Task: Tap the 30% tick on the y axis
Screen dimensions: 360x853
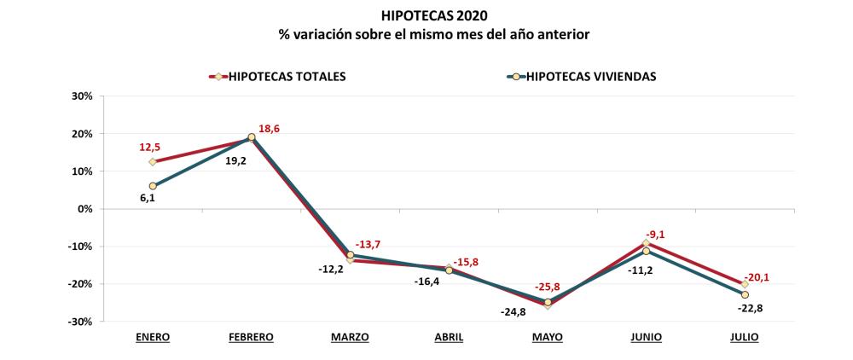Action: pyautogui.click(x=81, y=96)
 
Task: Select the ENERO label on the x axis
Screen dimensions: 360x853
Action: pyautogui.click(x=153, y=337)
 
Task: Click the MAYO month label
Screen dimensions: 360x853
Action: pyautogui.click(x=548, y=337)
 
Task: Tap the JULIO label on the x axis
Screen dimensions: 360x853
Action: pyautogui.click(x=745, y=337)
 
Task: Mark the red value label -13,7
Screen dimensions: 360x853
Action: pyautogui.click(x=367, y=245)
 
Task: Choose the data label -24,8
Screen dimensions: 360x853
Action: pyautogui.click(x=514, y=312)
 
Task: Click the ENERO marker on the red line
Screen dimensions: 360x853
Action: pyautogui.click(x=153, y=162)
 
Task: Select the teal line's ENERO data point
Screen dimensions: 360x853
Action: pyautogui.click(x=153, y=186)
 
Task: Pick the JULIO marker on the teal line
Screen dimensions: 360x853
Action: pyautogui.click(x=745, y=294)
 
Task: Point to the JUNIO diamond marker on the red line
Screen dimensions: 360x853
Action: pyautogui.click(x=647, y=243)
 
